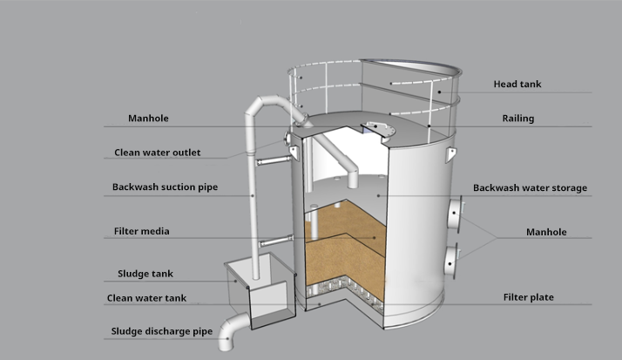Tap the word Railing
tap(517, 119)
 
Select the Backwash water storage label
tap(530, 187)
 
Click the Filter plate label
tap(528, 297)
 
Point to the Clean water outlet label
tap(158, 153)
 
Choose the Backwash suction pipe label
tap(165, 187)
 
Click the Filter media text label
tap(142, 231)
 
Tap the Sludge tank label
tap(145, 274)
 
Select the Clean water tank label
tap(146, 297)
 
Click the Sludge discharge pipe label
tap(161, 331)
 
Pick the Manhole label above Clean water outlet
tap(148, 118)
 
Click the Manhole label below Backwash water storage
tap(546, 232)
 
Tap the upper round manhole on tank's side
tap(456, 214)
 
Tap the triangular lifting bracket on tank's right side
tap(450, 155)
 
